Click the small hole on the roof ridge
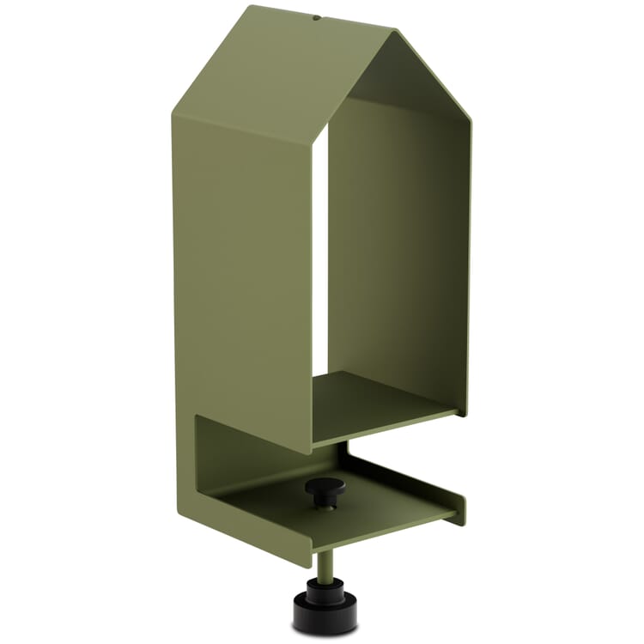(x=317, y=15)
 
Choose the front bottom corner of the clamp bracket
(x=309, y=562)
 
